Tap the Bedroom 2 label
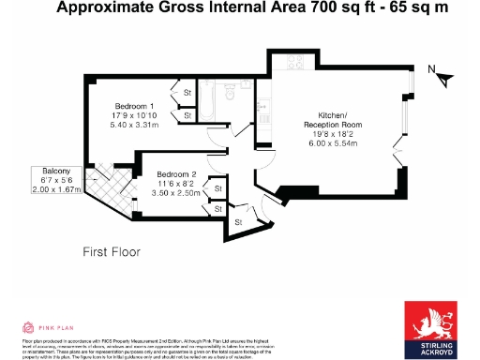(x=175, y=174)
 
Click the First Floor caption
(x=111, y=252)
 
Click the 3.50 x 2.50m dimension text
(x=176, y=193)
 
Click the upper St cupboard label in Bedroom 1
(x=187, y=93)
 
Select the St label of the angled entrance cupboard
(x=237, y=221)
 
